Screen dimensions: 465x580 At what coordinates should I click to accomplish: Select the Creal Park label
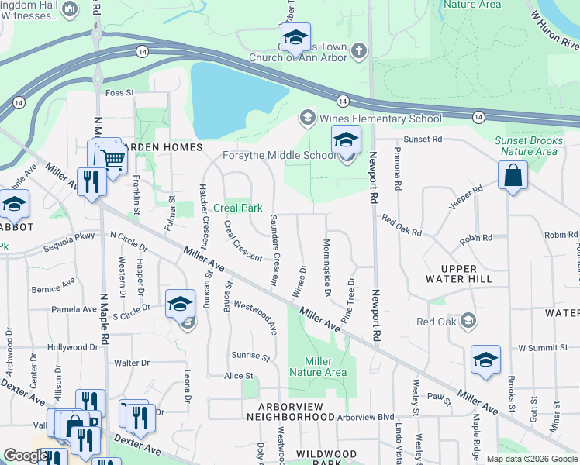[238, 208]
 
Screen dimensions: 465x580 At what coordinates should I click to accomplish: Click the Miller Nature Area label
[318, 367]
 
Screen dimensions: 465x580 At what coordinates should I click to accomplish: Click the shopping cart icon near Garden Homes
[113, 160]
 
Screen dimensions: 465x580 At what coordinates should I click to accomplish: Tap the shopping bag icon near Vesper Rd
[513, 174]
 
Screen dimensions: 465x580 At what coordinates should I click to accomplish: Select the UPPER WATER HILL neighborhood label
[459, 272]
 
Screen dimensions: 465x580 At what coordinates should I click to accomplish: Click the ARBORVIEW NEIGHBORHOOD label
[295, 411]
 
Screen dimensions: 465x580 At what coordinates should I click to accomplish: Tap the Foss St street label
[119, 93]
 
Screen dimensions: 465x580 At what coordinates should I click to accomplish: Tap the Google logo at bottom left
[25, 456]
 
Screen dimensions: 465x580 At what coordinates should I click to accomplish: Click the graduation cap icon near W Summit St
[485, 360]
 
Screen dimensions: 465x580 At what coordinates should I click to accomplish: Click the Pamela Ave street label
[74, 309]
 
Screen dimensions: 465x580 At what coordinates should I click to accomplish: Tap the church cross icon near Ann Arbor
[357, 51]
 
